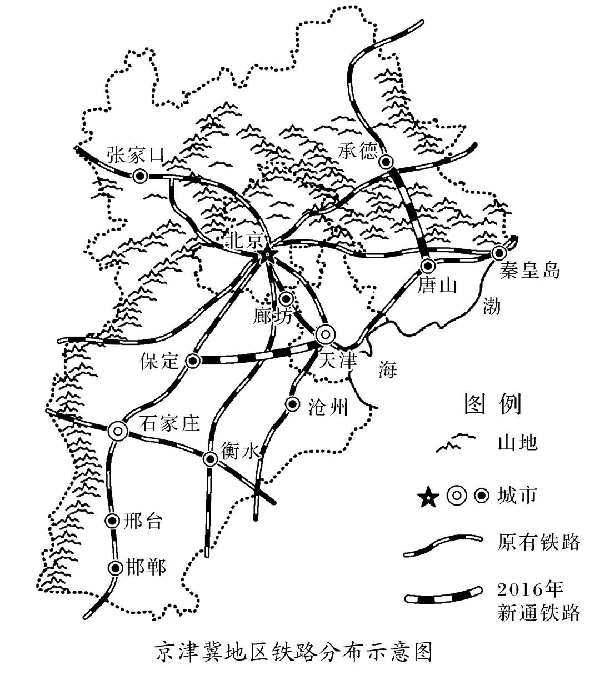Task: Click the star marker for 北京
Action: coord(267,254)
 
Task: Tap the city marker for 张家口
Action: coord(140,176)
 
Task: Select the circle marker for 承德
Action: coord(386,162)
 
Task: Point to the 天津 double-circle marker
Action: coord(326,335)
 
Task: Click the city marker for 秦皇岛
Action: coord(499,253)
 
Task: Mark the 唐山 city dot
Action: coord(427,265)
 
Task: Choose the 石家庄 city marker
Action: coord(117,431)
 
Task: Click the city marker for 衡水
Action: coord(211,458)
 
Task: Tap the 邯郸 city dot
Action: coord(115,568)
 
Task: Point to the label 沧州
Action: coord(328,407)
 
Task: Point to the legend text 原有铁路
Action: coord(539,542)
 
